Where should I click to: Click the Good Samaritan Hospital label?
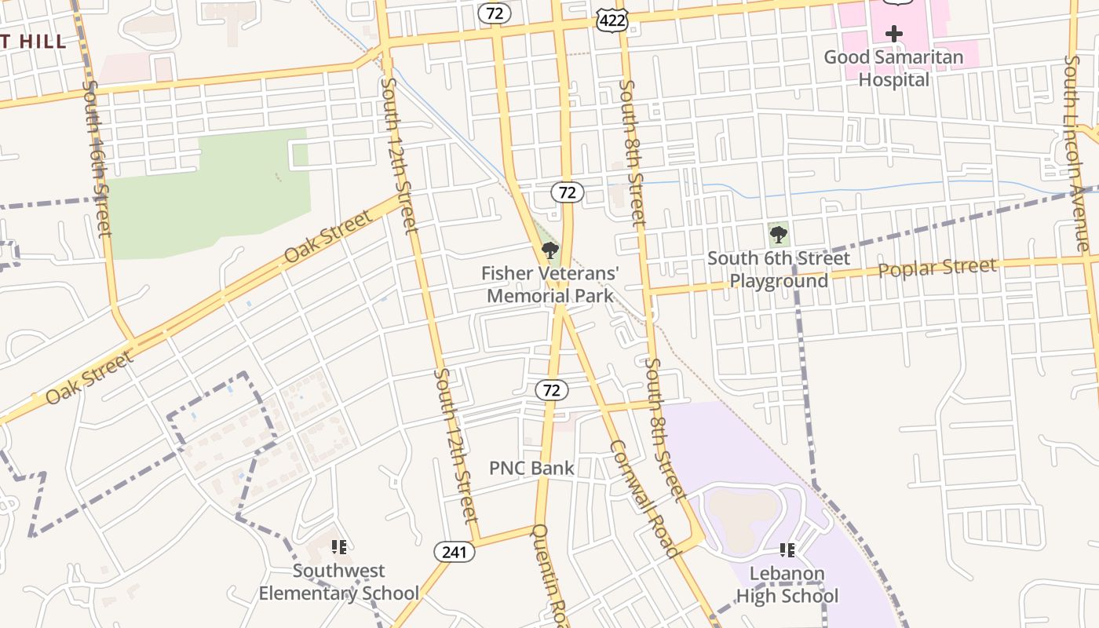[x=893, y=68]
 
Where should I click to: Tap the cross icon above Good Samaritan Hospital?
[x=893, y=34]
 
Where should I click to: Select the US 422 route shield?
[x=612, y=20]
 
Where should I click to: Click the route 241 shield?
[x=454, y=552]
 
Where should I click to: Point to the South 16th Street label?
[x=97, y=157]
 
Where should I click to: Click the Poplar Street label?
[x=937, y=268]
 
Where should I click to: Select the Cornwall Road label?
[x=644, y=498]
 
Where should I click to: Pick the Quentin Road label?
[x=548, y=573]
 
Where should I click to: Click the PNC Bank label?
[x=531, y=469]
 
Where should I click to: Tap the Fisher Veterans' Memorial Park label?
[x=550, y=285]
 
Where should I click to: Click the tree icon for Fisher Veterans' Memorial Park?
[x=550, y=251]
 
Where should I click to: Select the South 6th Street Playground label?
[x=778, y=269]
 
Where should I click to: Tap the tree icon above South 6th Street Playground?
[x=778, y=233]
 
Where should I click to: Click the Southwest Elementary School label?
[x=339, y=582]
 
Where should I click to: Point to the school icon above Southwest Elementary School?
[x=338, y=547]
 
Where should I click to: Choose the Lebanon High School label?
[x=787, y=585]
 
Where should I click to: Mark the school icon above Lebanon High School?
[x=787, y=550]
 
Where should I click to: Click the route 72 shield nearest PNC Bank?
[x=553, y=389]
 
